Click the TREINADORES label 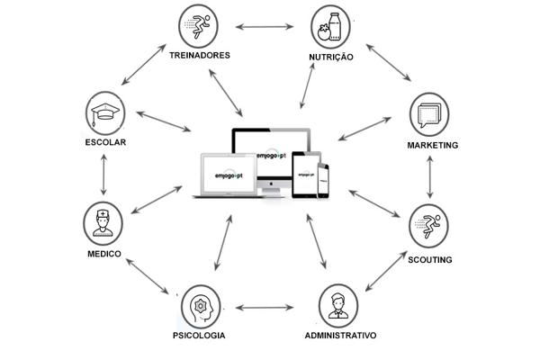point(200,55)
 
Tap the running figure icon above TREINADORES point(198,26)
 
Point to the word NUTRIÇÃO point(331,57)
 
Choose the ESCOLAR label point(105,142)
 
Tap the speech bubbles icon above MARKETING point(429,114)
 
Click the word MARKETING point(433,146)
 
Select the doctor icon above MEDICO point(103,223)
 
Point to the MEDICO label point(104,254)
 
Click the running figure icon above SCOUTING point(428,226)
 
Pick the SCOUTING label point(430,260)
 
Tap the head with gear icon point(201,306)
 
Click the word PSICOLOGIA point(199,335)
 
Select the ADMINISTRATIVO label point(340,335)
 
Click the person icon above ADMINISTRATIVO point(338,306)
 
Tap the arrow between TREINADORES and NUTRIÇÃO point(265,26)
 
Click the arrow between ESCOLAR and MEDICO point(103,175)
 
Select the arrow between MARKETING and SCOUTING point(429,177)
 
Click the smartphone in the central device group point(323,180)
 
